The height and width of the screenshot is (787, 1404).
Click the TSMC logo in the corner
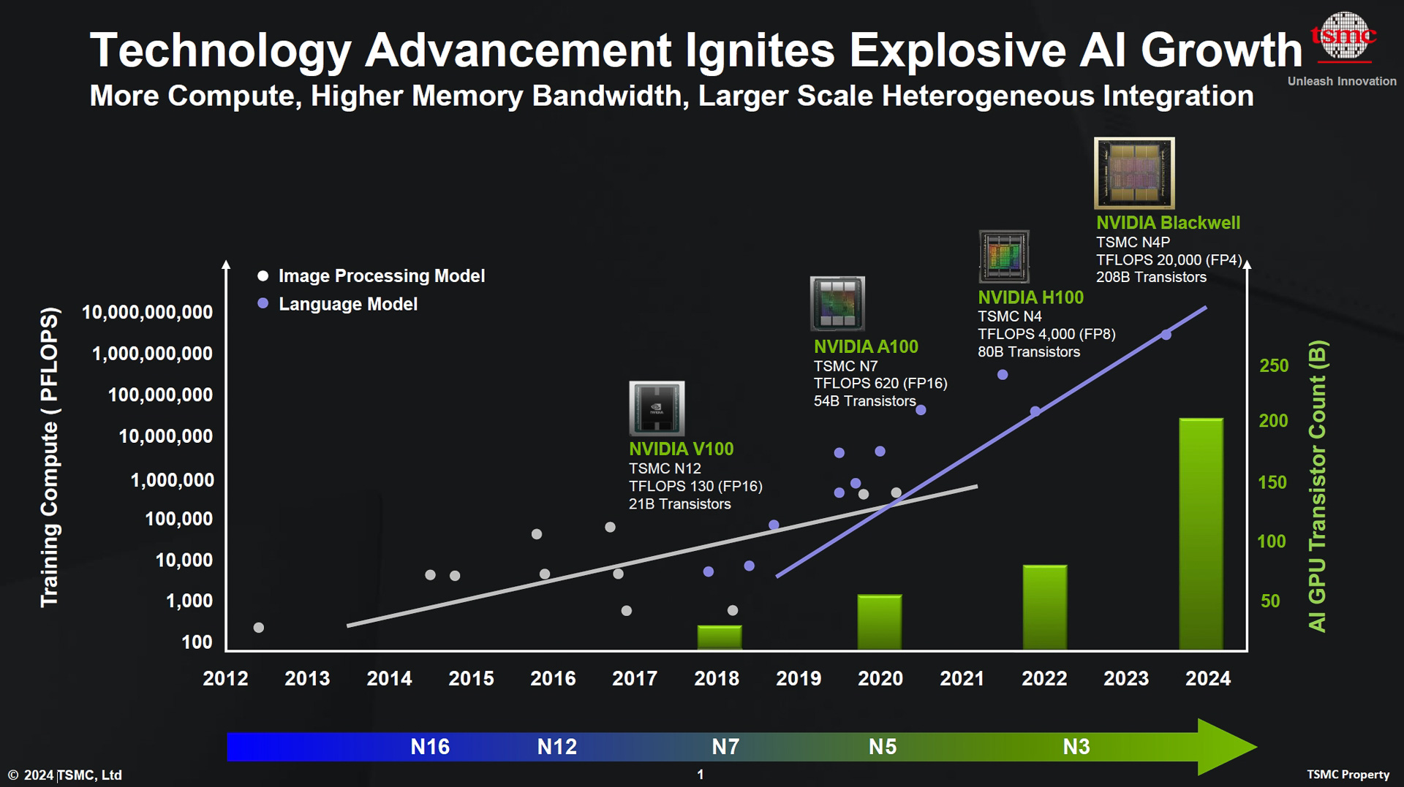(1343, 37)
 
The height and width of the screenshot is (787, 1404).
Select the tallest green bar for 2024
(1201, 533)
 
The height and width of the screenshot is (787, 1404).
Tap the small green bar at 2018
(720, 637)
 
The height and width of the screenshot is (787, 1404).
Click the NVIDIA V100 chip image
(657, 408)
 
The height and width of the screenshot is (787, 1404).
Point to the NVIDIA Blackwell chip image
(1134, 173)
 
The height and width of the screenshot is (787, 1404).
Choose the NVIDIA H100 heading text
(1030, 297)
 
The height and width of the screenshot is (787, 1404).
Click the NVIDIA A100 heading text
(866, 346)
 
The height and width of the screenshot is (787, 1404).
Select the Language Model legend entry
(347, 304)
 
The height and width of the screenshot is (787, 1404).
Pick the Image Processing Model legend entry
(381, 275)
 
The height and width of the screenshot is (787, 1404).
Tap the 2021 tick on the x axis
(962, 678)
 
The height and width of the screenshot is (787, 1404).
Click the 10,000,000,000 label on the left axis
(147, 312)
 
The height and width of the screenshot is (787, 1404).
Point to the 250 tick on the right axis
(1274, 365)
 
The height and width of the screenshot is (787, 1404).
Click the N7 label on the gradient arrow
(725, 747)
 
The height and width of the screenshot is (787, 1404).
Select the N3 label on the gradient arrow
(1076, 747)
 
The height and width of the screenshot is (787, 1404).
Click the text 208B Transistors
(1151, 277)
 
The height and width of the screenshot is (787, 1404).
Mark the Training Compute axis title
(49, 457)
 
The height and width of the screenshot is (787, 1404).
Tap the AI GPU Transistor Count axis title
(1317, 486)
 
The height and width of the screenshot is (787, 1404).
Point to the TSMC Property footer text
(1348, 775)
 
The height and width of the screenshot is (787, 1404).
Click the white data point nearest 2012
(258, 628)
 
